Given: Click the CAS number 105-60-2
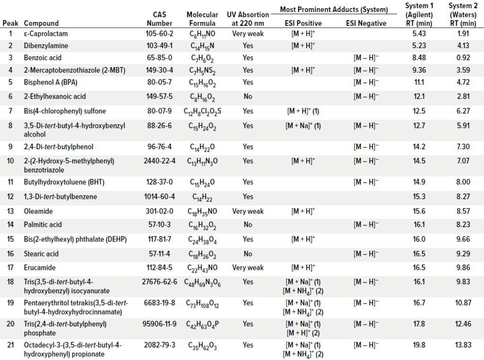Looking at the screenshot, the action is [159, 34].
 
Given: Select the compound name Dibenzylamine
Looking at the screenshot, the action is [46, 46].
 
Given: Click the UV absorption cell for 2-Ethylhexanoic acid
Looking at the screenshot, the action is [248, 96].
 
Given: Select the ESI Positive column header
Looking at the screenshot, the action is [303, 23].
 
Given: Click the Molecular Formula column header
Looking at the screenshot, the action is [202, 19].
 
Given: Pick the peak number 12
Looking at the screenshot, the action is [10, 197].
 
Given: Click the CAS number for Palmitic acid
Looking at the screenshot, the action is [159, 224].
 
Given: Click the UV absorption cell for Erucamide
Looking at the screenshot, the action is [248, 267].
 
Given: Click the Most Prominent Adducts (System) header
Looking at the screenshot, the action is [334, 9].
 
